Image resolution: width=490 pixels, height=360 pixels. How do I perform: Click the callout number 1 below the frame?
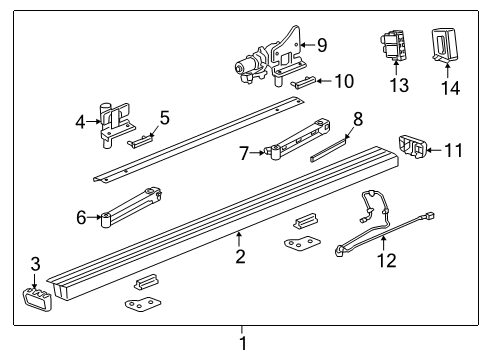click(241, 343)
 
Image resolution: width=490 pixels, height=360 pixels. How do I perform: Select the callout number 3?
click(35, 264)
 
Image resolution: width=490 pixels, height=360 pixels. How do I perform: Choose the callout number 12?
click(386, 263)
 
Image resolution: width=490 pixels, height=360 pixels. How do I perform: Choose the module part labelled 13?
click(394, 45)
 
